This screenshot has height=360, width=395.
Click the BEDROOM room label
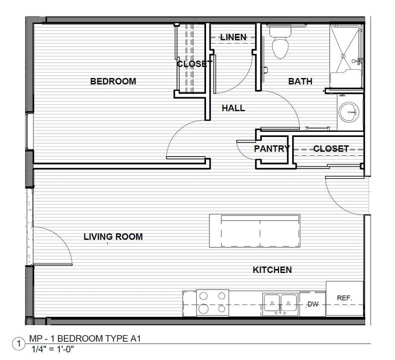tap(113, 81)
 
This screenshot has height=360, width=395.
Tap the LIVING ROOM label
tap(113, 236)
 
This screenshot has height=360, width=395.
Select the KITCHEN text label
tap(272, 270)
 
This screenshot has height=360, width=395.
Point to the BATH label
tap(300, 81)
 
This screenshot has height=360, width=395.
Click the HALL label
tap(233, 108)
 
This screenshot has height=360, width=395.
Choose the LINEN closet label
tap(233, 38)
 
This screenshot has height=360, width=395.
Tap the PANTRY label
tap(272, 149)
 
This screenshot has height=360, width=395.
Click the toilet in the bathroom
tap(280, 45)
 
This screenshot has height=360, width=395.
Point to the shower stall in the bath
tap(346, 55)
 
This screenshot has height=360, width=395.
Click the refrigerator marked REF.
tap(345, 299)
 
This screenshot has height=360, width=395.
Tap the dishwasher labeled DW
tap(313, 304)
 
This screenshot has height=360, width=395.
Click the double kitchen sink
tap(280, 304)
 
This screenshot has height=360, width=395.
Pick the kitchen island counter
tap(254, 231)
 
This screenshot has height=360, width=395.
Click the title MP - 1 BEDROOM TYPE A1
tap(84, 339)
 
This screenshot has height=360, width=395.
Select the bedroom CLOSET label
tap(194, 64)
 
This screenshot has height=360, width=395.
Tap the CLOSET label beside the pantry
tap(331, 149)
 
